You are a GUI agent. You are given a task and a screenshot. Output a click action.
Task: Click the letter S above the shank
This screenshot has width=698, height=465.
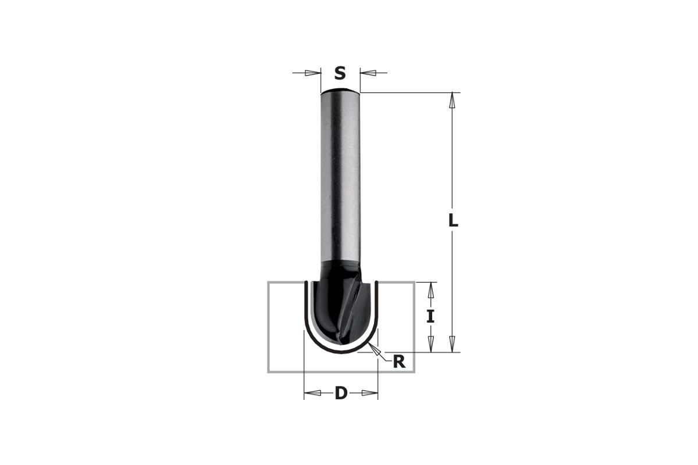coord(340,73)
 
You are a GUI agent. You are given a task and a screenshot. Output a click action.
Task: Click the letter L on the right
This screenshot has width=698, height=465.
coord(453,221)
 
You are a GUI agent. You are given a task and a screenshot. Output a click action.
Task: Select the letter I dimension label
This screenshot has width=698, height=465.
coord(430,317)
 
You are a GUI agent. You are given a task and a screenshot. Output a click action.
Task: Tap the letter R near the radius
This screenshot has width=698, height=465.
coord(399,362)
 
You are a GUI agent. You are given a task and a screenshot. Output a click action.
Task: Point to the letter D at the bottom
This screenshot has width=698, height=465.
coord(341,393)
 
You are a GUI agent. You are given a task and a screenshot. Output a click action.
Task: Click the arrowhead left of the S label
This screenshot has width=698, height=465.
coord(312,73)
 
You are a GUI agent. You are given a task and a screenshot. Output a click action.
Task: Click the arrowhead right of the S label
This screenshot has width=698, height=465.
coord(368,73)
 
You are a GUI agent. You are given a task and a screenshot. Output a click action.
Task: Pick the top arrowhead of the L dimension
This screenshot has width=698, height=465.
coord(453,101)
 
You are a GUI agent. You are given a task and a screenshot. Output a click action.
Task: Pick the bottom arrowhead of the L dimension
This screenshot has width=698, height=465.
coord(453,344)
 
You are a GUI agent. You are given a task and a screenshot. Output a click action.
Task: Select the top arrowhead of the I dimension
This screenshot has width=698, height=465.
coord(430,290)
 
